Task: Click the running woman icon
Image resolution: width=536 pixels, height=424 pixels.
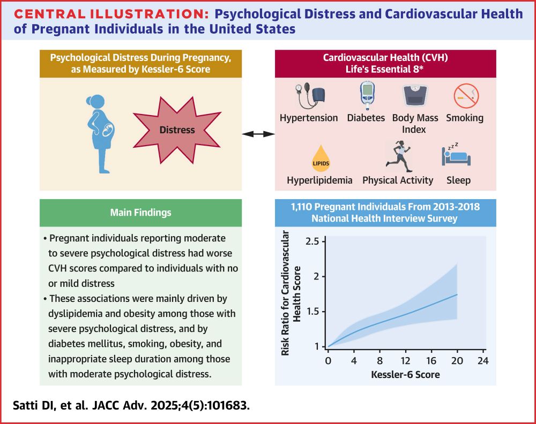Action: tap(399, 156)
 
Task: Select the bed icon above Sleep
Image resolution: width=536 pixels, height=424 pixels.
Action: tap(456, 156)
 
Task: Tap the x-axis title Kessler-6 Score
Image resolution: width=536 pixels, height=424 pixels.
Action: tap(405, 375)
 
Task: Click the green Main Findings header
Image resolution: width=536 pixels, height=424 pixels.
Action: tap(140, 213)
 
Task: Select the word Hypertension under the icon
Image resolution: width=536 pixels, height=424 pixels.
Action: tap(309, 118)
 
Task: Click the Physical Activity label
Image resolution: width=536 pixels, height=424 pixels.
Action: tap(398, 180)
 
